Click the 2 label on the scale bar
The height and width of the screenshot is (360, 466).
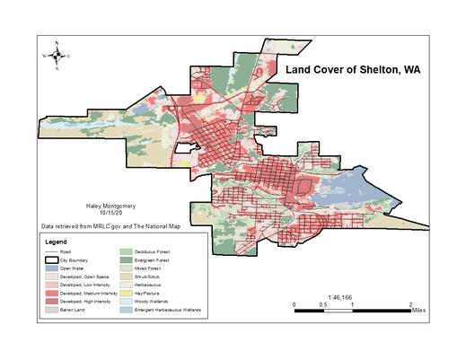point(410,305)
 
